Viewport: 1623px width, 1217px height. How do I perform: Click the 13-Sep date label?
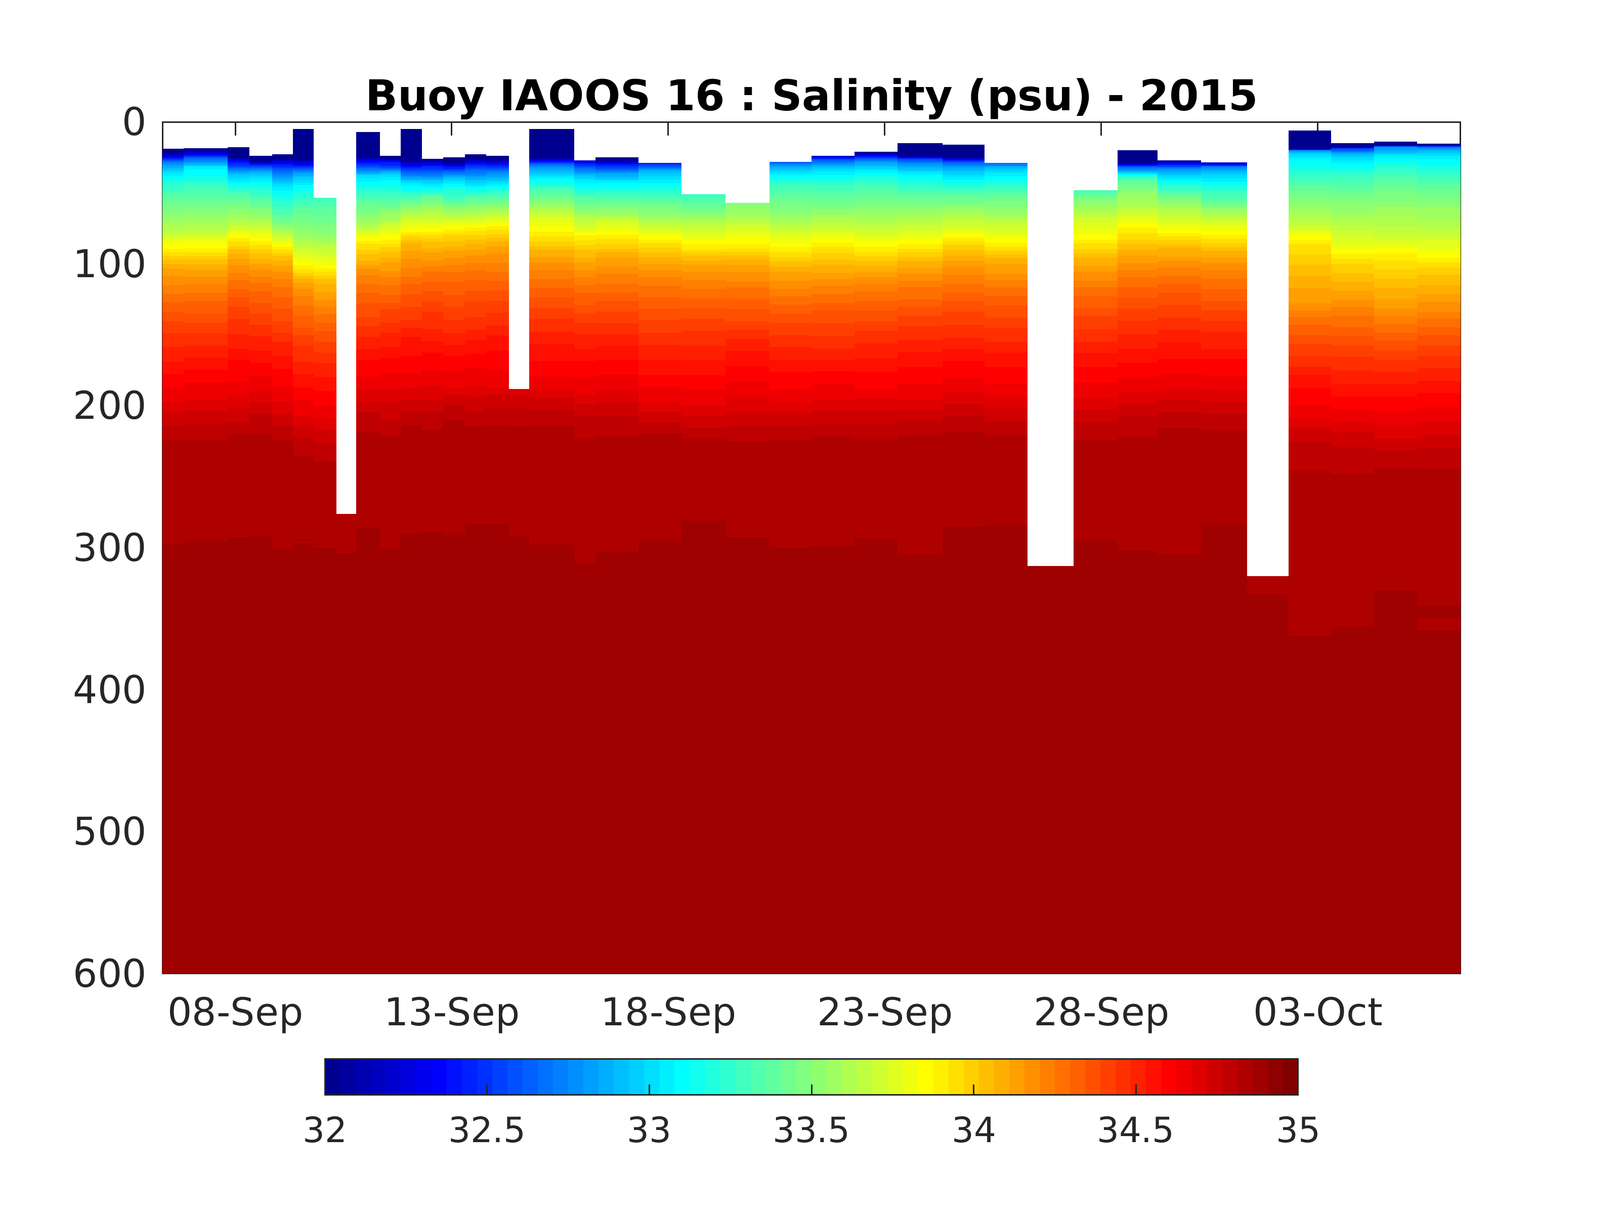(x=451, y=1013)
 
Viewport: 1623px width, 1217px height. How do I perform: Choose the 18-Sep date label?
(x=668, y=1013)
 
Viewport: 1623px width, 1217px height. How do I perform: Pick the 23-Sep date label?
(x=884, y=1013)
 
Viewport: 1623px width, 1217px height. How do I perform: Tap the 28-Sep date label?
(x=1100, y=1013)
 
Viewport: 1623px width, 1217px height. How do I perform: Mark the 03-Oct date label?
(x=1318, y=1013)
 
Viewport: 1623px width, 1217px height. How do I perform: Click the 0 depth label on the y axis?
(x=134, y=122)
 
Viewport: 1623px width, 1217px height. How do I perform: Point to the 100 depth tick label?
(x=110, y=265)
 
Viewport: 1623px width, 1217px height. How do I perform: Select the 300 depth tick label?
(x=110, y=548)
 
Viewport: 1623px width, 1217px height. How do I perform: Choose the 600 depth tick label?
(x=110, y=974)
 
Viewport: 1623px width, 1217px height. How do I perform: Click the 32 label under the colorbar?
(x=324, y=1131)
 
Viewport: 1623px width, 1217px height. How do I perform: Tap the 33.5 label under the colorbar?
(x=811, y=1131)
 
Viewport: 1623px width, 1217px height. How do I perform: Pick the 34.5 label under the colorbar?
(x=1135, y=1131)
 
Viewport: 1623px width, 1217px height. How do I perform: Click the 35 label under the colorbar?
(x=1297, y=1131)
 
